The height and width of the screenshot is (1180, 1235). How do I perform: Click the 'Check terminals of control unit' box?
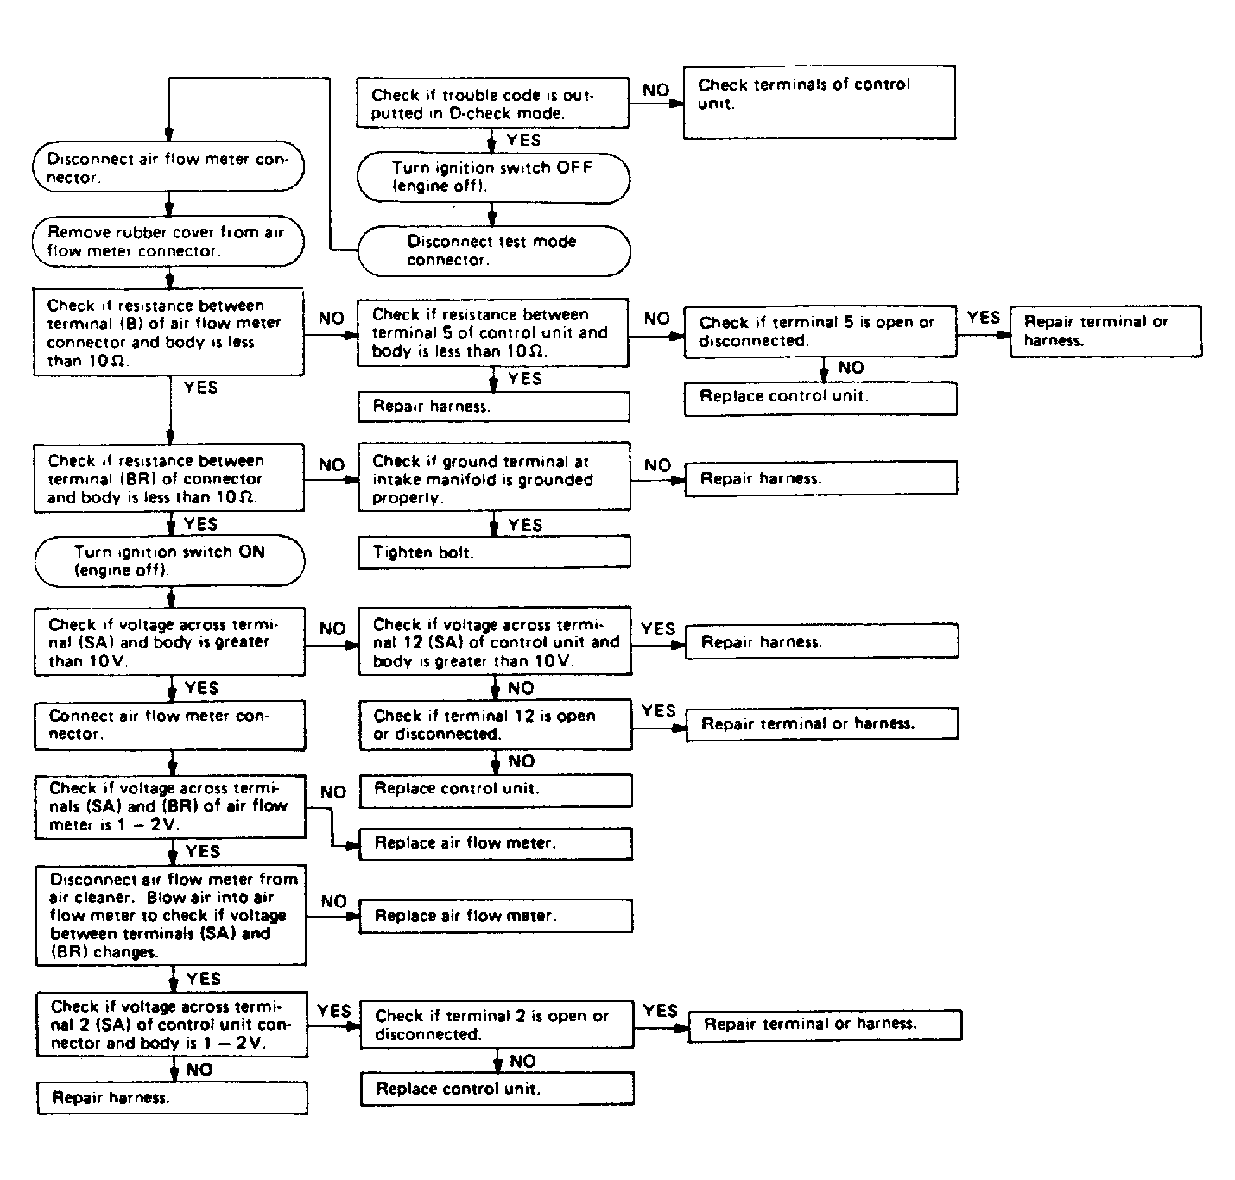tap(820, 102)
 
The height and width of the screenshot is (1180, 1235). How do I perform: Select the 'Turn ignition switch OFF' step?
tap(493, 178)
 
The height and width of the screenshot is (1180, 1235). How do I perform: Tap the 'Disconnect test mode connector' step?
tap(494, 250)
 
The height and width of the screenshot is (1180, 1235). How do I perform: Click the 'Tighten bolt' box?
tap(494, 552)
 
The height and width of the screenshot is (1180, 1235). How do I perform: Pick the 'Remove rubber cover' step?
tap(168, 241)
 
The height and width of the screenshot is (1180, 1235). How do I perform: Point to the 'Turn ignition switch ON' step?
tap(169, 561)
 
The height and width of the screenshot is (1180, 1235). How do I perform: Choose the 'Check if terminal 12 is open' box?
tap(496, 725)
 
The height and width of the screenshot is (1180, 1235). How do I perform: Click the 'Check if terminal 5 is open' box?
tap(820, 331)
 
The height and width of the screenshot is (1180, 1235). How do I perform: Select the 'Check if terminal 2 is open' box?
tap(497, 1025)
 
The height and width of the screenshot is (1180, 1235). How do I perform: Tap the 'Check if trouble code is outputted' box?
tap(492, 103)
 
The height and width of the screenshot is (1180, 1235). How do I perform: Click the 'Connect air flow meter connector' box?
tap(169, 726)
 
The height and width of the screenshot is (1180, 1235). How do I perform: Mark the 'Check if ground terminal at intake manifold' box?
tap(494, 476)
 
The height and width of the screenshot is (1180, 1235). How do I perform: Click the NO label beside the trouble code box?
tap(655, 90)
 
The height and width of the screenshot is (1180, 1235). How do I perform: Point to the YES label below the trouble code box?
tap(523, 140)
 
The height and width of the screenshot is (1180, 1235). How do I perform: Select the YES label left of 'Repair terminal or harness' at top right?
tap(983, 317)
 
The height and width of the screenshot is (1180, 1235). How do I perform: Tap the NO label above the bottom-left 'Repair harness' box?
tap(199, 1070)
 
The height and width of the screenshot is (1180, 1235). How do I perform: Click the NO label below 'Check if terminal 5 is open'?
tap(851, 368)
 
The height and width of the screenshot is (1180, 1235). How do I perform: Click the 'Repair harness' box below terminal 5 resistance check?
tap(494, 407)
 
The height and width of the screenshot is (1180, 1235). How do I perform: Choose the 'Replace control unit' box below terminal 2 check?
tap(497, 1089)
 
